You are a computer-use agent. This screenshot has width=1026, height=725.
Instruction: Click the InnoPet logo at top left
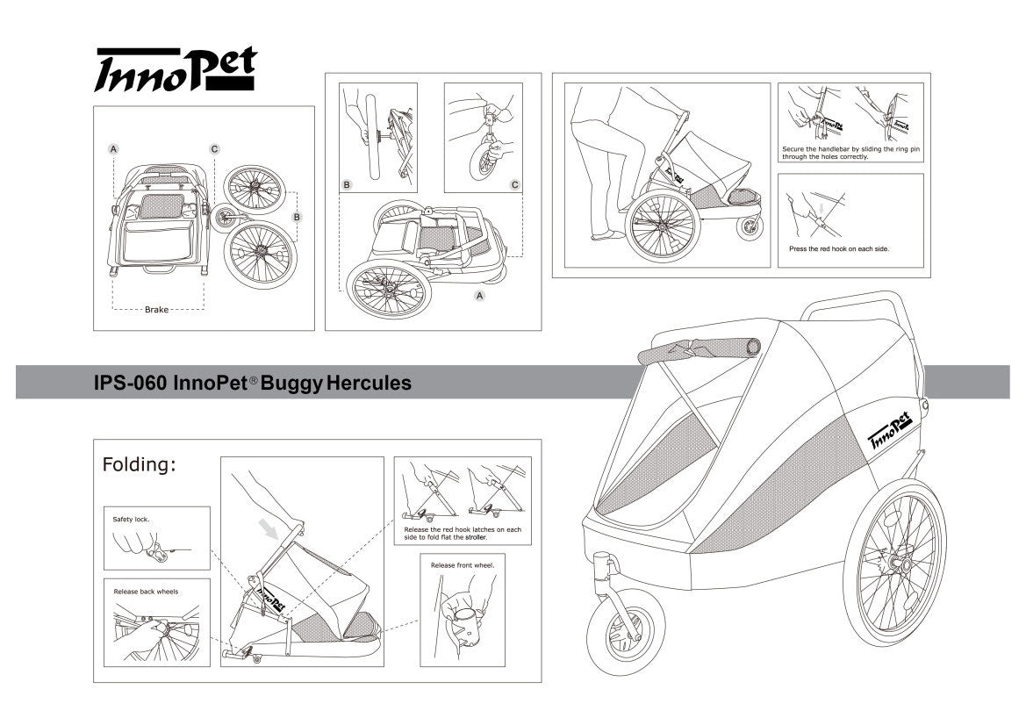point(175,69)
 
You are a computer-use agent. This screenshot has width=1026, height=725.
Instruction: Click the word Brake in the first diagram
point(157,310)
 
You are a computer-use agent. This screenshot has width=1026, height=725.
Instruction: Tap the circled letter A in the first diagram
point(113,149)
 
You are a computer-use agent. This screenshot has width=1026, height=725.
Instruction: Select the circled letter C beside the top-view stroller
point(214,149)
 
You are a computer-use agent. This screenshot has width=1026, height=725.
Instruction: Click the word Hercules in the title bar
point(369,384)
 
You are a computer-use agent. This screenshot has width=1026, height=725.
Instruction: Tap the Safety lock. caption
point(132,519)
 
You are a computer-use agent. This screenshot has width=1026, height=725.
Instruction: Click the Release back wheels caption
point(146,592)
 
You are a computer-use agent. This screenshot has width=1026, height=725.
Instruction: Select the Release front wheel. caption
point(463,565)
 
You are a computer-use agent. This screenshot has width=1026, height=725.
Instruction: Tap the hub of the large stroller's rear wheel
point(900,556)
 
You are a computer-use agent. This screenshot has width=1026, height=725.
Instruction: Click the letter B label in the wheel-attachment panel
point(347,185)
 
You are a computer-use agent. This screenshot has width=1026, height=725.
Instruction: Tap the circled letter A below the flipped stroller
point(480,297)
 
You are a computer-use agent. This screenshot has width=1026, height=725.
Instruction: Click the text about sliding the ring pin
point(850,154)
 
